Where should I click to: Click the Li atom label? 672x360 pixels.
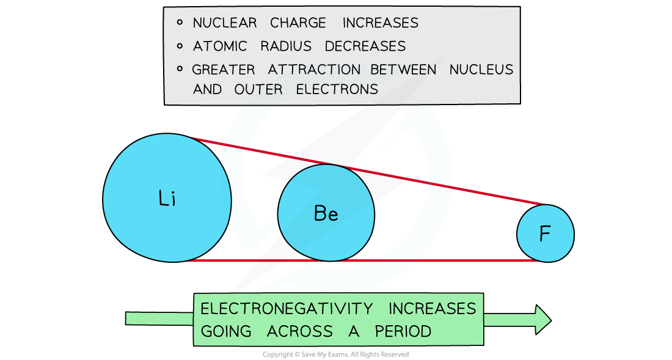[167, 199]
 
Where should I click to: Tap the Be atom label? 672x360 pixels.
[326, 213]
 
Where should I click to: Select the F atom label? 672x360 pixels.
[545, 234]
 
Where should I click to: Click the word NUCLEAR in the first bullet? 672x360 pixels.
[225, 23]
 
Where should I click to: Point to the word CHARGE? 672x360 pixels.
[298, 23]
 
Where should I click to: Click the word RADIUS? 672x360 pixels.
[286, 46]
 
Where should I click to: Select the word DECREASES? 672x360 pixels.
[365, 46]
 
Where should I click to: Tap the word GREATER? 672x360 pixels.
[223, 70]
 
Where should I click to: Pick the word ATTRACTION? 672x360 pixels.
[314, 70]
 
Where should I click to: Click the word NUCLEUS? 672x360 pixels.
[481, 70]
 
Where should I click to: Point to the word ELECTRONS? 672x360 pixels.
[337, 89]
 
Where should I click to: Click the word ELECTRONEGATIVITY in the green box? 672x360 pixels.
[287, 309]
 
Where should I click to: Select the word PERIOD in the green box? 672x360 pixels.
[403, 331]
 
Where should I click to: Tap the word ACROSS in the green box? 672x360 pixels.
[299, 331]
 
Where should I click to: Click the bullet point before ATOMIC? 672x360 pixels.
[180, 45]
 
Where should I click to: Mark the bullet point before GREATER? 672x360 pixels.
[180, 68]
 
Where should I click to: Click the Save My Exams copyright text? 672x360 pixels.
[335, 354]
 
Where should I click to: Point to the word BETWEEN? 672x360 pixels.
[403, 70]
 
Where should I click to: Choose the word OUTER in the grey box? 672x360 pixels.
[258, 89]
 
